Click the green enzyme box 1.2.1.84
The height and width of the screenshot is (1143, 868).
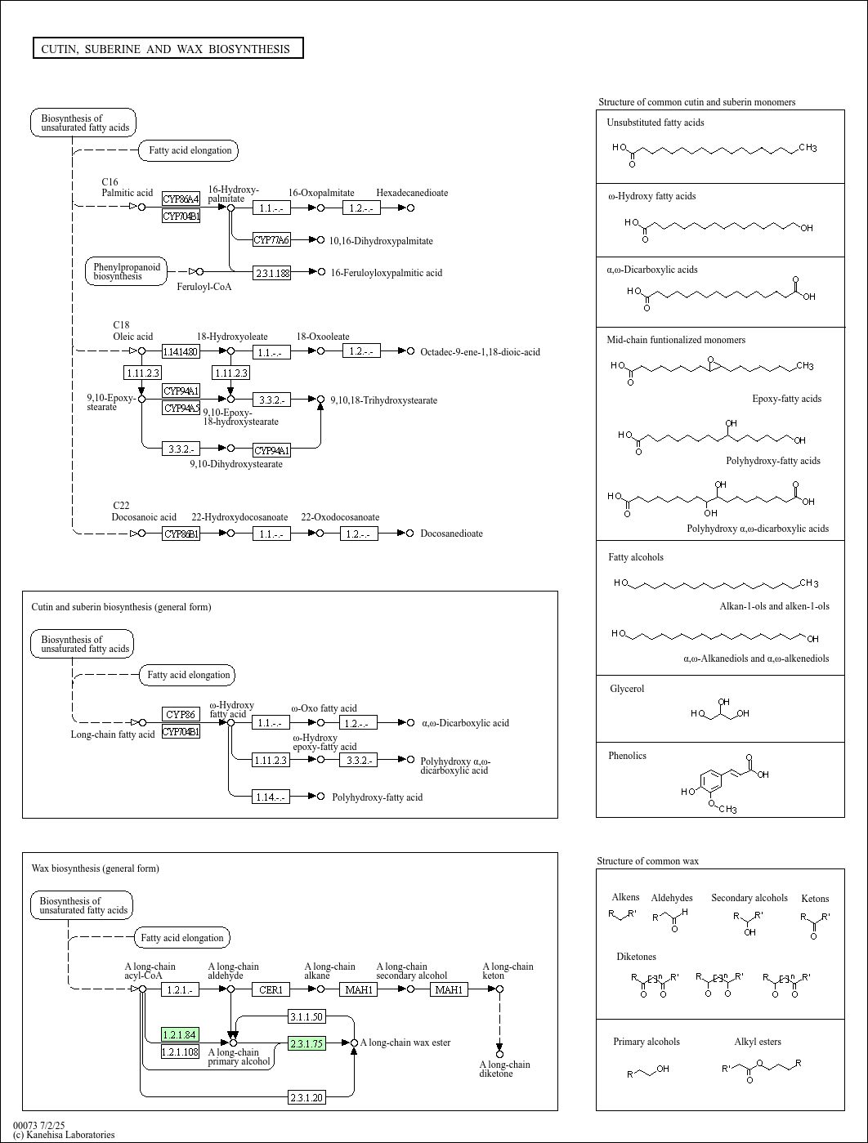[180, 1034]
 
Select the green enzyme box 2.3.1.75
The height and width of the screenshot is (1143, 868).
[306, 1043]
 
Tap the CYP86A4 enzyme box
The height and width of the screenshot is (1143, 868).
[181, 199]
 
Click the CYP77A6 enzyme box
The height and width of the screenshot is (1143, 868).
[271, 240]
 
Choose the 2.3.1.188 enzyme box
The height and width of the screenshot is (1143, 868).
[271, 272]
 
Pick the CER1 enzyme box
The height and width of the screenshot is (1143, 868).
[271, 989]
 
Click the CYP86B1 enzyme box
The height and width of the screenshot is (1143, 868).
[181, 534]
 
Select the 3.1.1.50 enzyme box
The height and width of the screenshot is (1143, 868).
[306, 1016]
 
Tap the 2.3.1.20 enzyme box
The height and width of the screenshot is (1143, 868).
[306, 1098]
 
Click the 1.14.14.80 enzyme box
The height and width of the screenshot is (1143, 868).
[181, 351]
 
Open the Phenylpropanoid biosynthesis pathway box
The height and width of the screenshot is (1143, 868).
[127, 271]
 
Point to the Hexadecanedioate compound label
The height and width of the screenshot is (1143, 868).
[412, 193]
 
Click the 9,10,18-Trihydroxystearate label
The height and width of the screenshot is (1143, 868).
[384, 400]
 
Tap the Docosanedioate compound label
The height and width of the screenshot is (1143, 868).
[451, 534]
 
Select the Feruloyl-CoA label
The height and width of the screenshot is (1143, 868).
[204, 287]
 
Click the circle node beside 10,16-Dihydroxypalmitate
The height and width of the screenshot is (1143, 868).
[320, 239]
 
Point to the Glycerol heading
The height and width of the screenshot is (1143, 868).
[627, 689]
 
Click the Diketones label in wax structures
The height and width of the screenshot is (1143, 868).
[637, 957]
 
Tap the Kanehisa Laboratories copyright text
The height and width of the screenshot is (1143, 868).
[64, 1135]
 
